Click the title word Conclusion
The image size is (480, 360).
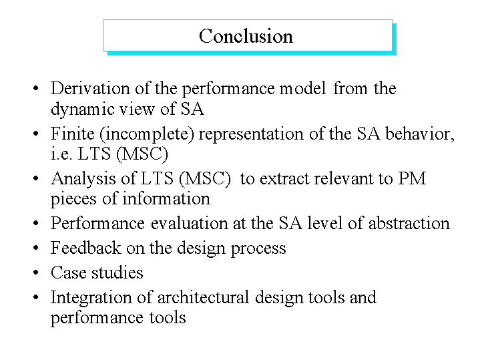point(246,36)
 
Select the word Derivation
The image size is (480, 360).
point(90,88)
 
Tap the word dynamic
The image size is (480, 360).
point(82,110)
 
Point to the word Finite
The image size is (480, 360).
point(73,134)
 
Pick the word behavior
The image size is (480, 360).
point(420,134)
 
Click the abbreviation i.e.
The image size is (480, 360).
point(61,154)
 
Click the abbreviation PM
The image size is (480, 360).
point(412,178)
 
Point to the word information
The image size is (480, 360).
point(166,198)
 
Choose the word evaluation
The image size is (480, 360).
point(189,223)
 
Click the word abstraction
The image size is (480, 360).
point(409,223)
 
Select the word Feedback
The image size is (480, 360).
point(85,248)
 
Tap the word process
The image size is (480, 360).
point(258,248)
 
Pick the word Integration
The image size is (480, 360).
point(91,298)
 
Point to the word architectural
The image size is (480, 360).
point(203,297)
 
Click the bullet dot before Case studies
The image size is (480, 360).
point(36,273)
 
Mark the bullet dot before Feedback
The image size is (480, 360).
point(36,248)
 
